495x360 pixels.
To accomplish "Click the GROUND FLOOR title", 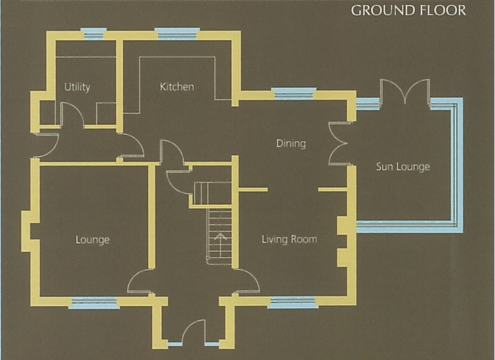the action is tap(408, 10).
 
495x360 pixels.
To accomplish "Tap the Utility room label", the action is tap(77, 87).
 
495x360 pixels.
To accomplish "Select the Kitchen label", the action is tap(177, 86).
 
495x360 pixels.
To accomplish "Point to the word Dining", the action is tap(291, 144).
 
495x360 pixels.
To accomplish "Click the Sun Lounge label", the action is tap(403, 167).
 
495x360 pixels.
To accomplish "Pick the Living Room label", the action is tap(289, 240).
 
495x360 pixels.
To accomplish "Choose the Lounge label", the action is tap(92, 240).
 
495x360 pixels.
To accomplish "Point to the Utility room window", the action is tap(92, 34).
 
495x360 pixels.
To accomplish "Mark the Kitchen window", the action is tap(177, 34).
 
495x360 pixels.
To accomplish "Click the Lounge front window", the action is tap(94, 302).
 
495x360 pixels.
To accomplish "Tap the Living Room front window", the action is tap(292, 302).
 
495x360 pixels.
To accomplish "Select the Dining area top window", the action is tap(294, 93).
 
